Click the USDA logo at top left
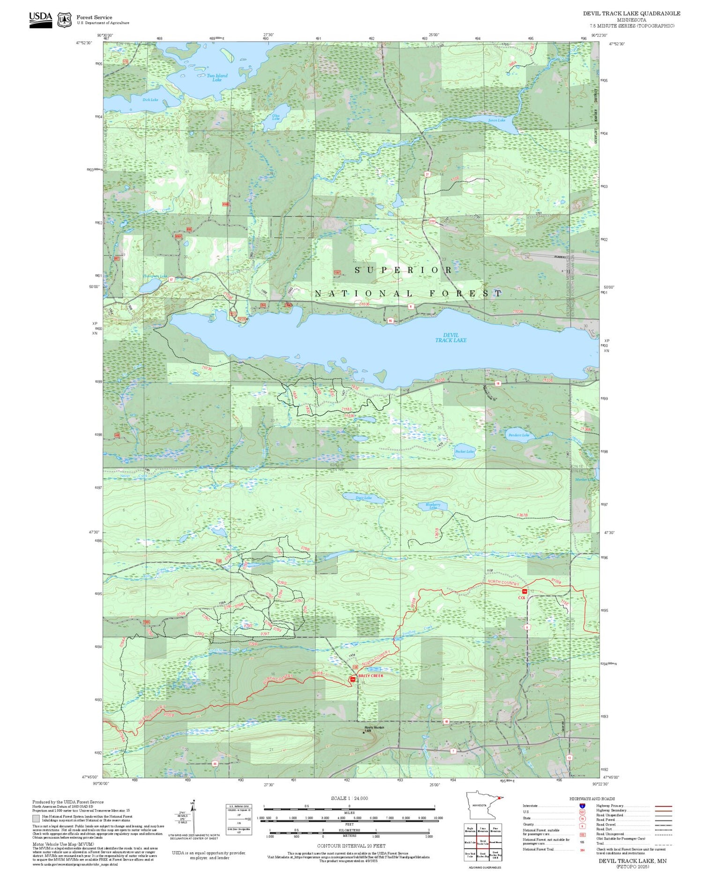40,20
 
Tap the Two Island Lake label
217,78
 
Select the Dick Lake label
150,100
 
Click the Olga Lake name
276,117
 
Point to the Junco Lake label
496,120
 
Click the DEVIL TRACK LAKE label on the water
450,338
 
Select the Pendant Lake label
518,435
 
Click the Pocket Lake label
464,451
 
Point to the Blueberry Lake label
433,506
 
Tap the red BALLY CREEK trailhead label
370,676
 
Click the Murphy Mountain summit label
374,728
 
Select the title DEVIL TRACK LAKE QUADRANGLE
631,14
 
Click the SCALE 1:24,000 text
349,798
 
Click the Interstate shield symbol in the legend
582,806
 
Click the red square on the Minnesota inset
501,798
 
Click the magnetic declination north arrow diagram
192,815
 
